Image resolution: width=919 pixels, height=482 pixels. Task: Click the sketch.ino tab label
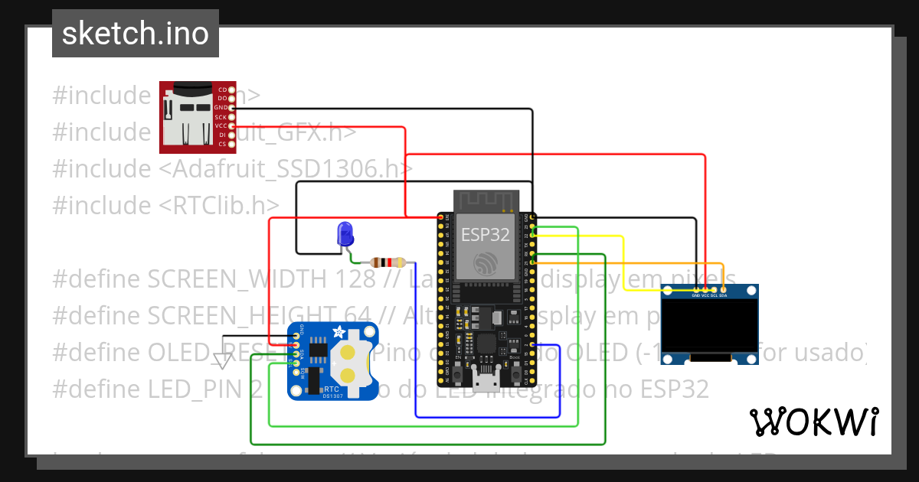coord(135,34)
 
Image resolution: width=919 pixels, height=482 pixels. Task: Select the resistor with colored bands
coord(387,262)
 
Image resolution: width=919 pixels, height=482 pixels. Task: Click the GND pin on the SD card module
coord(231,108)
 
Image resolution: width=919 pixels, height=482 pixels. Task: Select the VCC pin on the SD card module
coord(231,125)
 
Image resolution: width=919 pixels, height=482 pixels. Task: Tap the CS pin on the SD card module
coord(231,144)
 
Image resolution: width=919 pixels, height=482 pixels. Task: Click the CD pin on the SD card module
coord(231,90)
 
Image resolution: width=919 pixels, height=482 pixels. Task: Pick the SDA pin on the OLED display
coord(723,289)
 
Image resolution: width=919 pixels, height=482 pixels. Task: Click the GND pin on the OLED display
coord(695,289)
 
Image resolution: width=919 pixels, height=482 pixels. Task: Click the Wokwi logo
coord(813,422)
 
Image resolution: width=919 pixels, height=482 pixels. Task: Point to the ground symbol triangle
coord(223,360)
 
